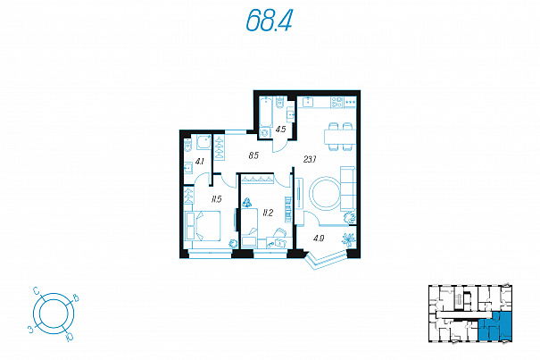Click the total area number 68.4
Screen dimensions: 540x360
coord(269,20)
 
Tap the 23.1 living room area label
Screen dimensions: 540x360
coord(310,159)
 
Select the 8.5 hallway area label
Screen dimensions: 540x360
coord(253,155)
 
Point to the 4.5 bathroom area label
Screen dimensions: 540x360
coord(280,130)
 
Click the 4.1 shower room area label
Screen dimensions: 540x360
coord(200,161)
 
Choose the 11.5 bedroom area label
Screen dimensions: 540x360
coord(216,198)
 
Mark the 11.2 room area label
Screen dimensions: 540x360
coord(268,213)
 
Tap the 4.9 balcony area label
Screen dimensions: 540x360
coord(319,238)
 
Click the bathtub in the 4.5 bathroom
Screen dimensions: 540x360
coord(266,112)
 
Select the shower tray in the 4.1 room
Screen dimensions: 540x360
coord(204,142)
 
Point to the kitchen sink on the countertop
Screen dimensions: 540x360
coord(308,102)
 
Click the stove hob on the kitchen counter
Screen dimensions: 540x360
coord(336,102)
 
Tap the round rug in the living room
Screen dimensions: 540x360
coord(326,194)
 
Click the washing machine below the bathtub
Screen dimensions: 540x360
coord(264,133)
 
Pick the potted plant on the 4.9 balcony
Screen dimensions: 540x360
coord(349,239)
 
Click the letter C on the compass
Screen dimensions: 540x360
coord(37,291)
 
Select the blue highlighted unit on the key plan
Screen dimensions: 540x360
coord(494,326)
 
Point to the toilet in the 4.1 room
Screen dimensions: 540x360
coord(187,146)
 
